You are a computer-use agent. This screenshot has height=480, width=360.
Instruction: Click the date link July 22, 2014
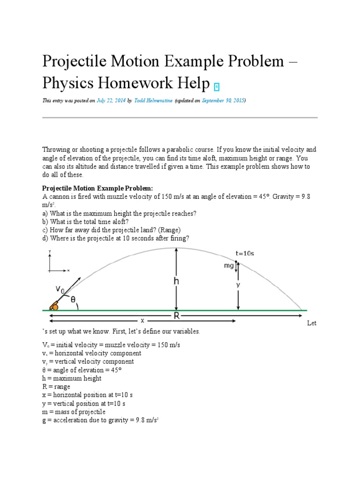[111, 101]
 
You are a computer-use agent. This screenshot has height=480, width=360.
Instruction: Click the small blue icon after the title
[217, 86]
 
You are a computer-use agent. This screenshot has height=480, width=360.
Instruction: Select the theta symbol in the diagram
[73, 299]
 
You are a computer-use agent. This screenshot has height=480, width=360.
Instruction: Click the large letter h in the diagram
[176, 281]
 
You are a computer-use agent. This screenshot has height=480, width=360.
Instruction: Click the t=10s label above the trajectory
[245, 253]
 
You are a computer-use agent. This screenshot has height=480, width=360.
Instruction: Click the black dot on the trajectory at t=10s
[236, 262]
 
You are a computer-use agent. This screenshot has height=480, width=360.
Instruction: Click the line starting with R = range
[56, 387]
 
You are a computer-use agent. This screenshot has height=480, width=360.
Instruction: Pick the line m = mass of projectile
[74, 412]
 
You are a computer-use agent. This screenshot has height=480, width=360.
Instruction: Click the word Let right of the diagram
[312, 323]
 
